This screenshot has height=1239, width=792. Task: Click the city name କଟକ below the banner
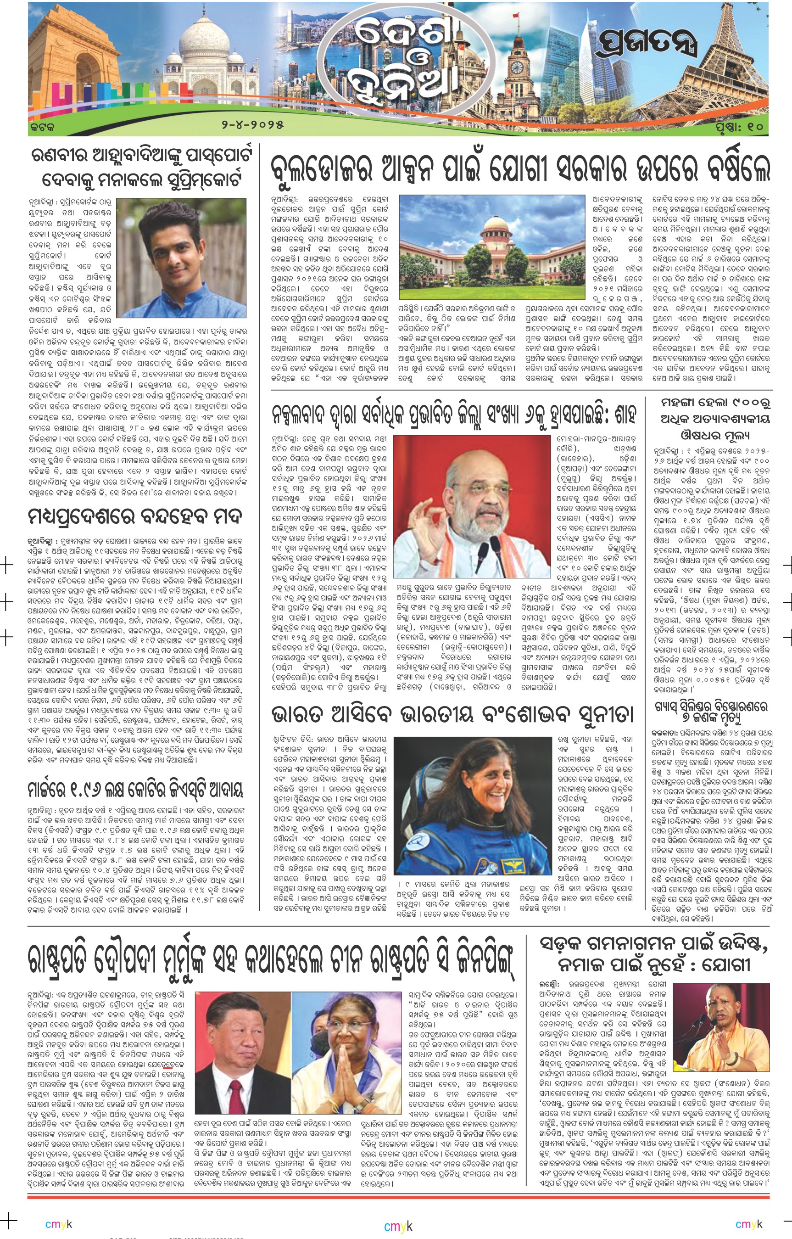(x=42, y=125)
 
